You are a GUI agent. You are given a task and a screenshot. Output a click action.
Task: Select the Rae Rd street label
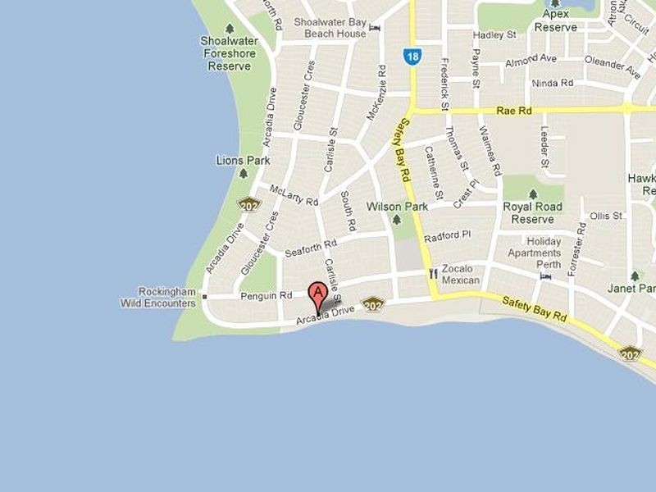coord(514,111)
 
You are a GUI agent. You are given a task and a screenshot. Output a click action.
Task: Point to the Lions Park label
coord(243,161)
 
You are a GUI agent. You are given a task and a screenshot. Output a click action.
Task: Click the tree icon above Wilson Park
coord(397,220)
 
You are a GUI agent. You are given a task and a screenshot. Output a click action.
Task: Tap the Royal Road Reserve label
coord(532,212)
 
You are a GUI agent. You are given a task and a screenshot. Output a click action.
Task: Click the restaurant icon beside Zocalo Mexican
coord(432,274)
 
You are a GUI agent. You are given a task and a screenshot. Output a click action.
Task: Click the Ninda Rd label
coord(553,83)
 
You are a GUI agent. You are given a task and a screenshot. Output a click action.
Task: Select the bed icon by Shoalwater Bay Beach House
coord(375,28)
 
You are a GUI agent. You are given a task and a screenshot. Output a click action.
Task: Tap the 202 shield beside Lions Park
coord(249,204)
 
